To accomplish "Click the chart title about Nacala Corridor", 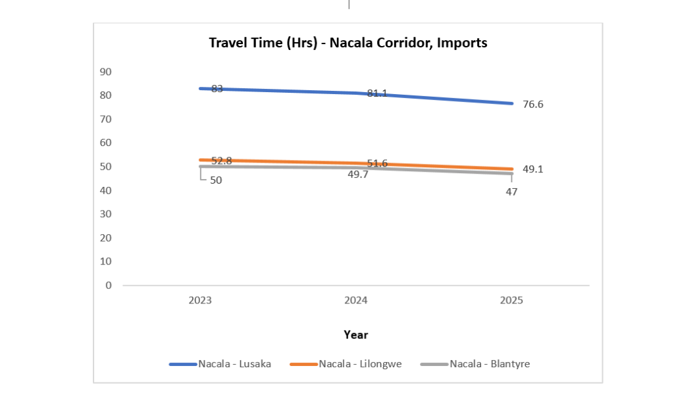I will [348, 43].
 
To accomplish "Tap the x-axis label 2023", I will [200, 301].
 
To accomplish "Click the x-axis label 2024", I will [356, 301].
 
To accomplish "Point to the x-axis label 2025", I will [511, 301].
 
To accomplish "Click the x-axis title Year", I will [355, 335].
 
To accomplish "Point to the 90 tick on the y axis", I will [106, 72].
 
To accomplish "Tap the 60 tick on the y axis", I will [106, 143].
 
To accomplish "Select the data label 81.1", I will [377, 93].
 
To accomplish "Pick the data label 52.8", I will [221, 161].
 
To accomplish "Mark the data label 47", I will [511, 192].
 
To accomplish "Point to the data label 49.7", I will [359, 174].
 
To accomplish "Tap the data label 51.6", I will [377, 163].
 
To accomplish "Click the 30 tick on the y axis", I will [106, 214].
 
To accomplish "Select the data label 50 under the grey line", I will [216, 180].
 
